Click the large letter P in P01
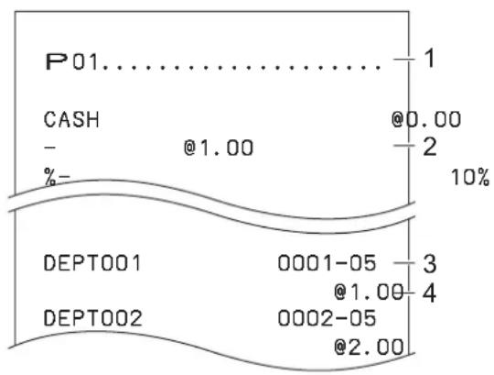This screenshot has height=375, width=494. (x=57, y=61)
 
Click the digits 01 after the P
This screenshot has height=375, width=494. (x=85, y=62)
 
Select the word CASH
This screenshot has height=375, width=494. (x=71, y=119)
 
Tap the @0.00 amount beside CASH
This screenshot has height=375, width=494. (x=426, y=119)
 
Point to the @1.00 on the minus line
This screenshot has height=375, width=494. (x=219, y=148)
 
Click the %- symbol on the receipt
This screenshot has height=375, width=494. (x=57, y=177)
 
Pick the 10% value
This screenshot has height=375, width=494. (x=470, y=177)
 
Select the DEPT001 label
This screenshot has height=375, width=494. (x=92, y=263)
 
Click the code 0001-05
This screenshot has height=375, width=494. (x=327, y=263)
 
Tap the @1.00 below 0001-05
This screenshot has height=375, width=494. (x=369, y=292)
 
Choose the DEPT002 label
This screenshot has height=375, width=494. (x=92, y=318)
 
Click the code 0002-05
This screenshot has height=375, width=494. (x=327, y=318)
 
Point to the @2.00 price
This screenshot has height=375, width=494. (x=369, y=347)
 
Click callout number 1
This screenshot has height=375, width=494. (x=430, y=58)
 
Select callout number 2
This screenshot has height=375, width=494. (x=430, y=147)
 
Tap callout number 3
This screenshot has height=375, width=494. (x=430, y=263)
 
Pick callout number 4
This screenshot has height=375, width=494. (x=429, y=293)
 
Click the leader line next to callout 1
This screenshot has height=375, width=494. (x=404, y=59)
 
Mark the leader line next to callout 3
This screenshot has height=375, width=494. (x=404, y=263)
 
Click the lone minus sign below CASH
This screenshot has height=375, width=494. (x=49, y=148)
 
